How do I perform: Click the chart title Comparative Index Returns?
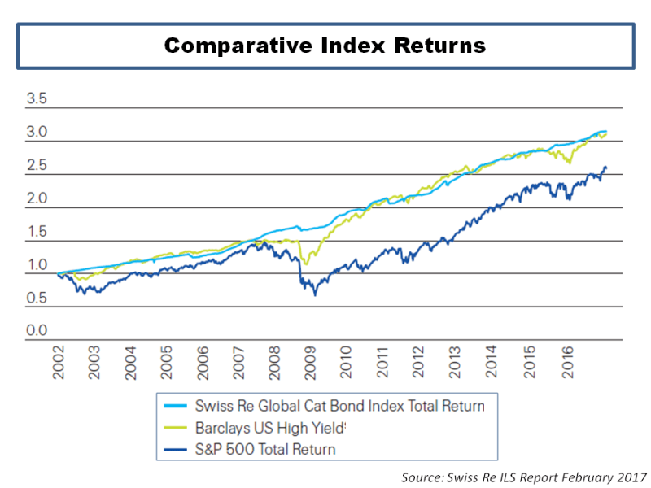(x=325, y=45)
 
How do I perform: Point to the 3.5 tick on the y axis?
(x=37, y=100)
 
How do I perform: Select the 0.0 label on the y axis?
(x=37, y=332)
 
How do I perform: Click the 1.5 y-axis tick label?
(x=37, y=233)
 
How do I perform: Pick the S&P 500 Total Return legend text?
(x=265, y=448)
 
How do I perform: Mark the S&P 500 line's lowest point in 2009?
(x=315, y=294)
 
